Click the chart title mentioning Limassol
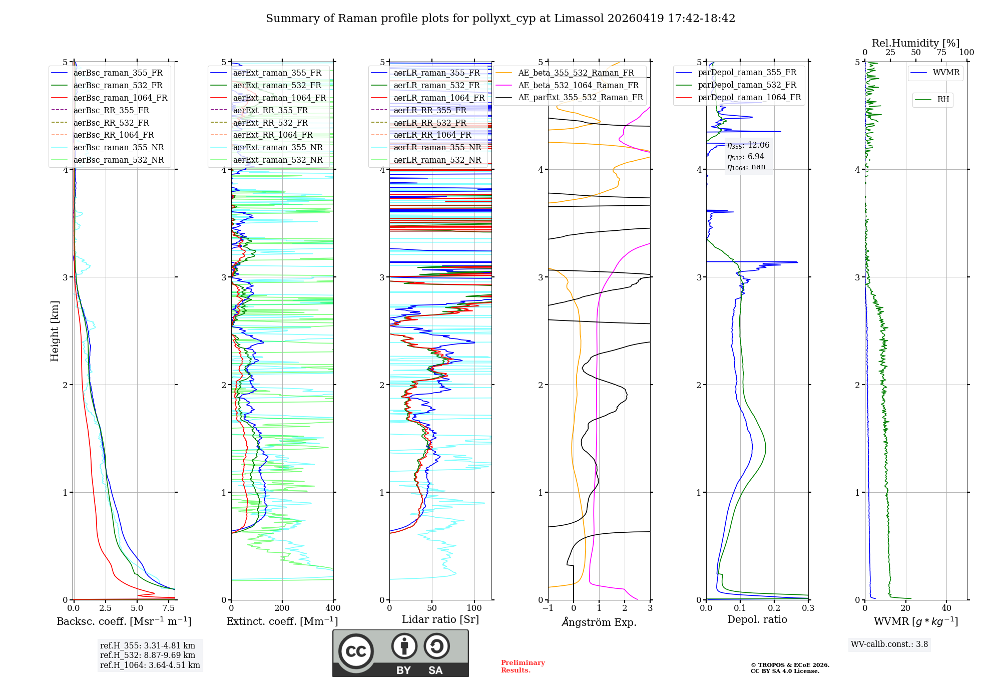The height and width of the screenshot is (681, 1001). pyautogui.click(x=500, y=19)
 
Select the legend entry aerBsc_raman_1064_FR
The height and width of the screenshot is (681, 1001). pyautogui.click(x=120, y=98)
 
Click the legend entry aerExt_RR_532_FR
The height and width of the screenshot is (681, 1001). pyautogui.click(x=270, y=123)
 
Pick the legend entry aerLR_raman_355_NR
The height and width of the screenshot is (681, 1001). pyautogui.click(x=437, y=148)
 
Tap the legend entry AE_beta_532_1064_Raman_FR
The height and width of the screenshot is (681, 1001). pyautogui.click(x=578, y=86)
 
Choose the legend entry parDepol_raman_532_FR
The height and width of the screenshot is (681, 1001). pyautogui.click(x=747, y=85)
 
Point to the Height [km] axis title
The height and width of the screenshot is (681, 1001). pyautogui.click(x=55, y=330)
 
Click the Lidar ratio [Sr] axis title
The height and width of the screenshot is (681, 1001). pyautogui.click(x=440, y=619)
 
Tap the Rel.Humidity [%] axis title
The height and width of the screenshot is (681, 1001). pyautogui.click(x=915, y=43)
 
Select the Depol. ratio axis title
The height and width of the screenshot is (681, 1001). pyautogui.click(x=757, y=619)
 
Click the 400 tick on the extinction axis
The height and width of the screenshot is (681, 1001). pyautogui.click(x=333, y=608)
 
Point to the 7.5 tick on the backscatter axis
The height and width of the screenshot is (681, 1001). pyautogui.click(x=169, y=608)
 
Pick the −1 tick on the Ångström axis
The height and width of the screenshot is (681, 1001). pyautogui.click(x=548, y=608)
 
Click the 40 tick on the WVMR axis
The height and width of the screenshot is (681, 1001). pyautogui.click(x=946, y=608)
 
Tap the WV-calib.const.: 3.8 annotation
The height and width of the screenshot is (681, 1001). pyautogui.click(x=889, y=644)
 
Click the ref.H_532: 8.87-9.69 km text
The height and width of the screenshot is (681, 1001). pyautogui.click(x=148, y=655)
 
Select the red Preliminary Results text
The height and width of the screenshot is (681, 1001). pyautogui.click(x=523, y=666)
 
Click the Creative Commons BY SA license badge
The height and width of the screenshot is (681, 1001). pyautogui.click(x=400, y=653)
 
